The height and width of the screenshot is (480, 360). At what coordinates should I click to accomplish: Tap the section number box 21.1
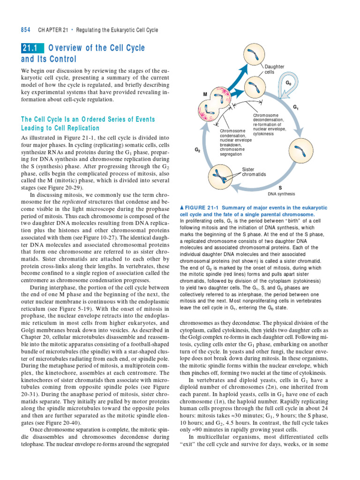click(x=32, y=48)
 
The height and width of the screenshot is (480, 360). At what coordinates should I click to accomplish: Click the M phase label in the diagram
click(x=205, y=95)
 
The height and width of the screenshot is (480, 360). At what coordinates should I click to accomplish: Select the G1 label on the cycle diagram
click(x=296, y=107)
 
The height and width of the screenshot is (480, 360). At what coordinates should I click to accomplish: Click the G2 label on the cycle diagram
click(x=197, y=150)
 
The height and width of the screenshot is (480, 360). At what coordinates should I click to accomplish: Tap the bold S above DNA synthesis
click(x=280, y=187)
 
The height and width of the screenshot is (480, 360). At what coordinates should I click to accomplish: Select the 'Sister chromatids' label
click(x=254, y=172)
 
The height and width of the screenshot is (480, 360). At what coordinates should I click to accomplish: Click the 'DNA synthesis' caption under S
click(x=281, y=193)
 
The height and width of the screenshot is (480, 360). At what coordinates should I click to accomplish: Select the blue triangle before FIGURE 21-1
click(x=182, y=208)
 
